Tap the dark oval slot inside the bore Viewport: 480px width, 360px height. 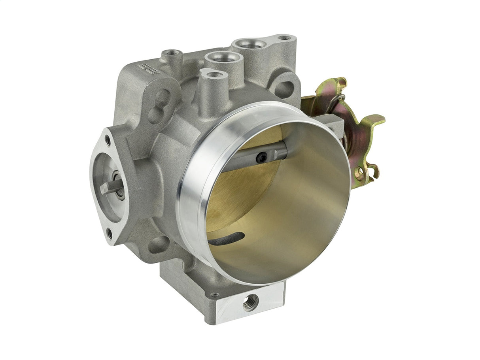point(226,238)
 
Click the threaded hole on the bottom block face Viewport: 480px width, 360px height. point(250,303)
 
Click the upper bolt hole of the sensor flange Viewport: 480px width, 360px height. point(107,140)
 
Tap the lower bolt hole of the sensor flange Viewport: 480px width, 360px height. point(110,234)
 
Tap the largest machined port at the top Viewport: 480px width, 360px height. point(251,45)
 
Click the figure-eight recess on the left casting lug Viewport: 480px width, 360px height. point(159,106)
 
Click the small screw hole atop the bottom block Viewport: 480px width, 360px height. point(215,295)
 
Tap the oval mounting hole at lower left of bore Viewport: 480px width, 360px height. point(159,245)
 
